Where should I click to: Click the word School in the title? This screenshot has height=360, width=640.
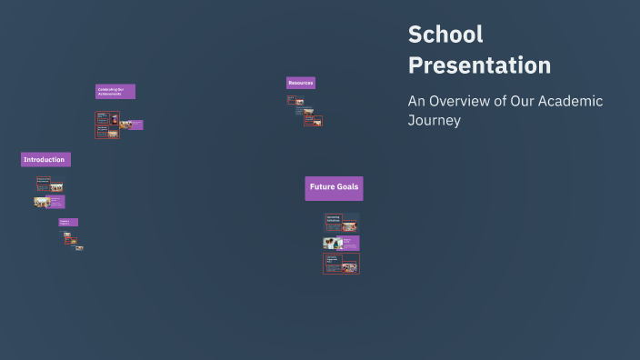[445, 35]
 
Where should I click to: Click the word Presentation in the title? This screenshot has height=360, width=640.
[479, 65]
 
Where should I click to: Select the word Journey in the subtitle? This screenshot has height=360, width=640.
[435, 120]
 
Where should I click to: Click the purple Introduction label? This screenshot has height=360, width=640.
[45, 159]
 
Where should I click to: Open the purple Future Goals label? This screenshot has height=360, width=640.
[334, 187]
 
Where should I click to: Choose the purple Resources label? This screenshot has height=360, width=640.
[301, 83]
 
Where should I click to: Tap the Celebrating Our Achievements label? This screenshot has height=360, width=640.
[115, 91]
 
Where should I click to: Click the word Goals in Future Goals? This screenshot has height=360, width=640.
[347, 187]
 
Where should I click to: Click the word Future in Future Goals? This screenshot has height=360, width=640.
[322, 187]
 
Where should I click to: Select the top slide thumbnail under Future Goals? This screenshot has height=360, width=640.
[342, 221]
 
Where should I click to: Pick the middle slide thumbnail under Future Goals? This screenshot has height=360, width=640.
[341, 243]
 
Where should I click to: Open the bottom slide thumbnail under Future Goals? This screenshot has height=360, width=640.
[341, 264]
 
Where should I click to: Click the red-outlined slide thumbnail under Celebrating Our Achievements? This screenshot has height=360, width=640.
[107, 125]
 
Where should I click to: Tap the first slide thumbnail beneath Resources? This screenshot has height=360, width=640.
[295, 100]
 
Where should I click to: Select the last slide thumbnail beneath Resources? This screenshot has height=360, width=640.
[314, 121]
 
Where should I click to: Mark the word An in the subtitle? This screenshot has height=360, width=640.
[415, 101]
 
